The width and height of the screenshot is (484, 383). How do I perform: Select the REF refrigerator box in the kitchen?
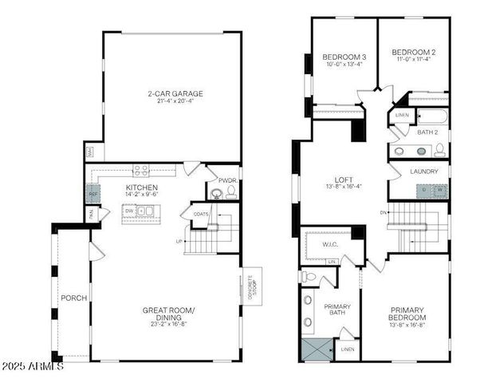pyautogui.click(x=92, y=194)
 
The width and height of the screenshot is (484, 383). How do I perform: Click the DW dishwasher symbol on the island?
pyautogui.click(x=129, y=211)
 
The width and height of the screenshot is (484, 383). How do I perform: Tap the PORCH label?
pyautogui.click(x=75, y=298)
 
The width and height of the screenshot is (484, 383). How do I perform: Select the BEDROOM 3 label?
pyautogui.click(x=344, y=57)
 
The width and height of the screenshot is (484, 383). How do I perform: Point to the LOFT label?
pyautogui.click(x=344, y=180)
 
